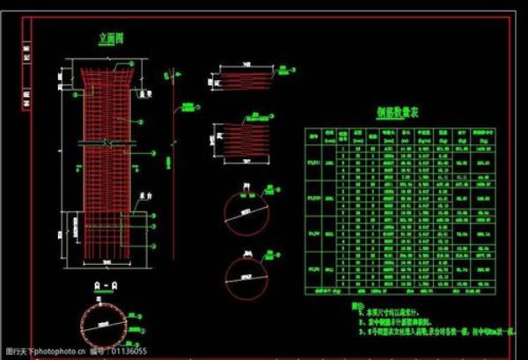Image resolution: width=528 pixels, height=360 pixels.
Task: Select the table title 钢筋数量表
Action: [397, 114]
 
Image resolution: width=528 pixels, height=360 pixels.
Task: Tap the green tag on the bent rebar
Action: [187, 107]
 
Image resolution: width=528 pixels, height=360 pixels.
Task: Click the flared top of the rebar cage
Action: [106, 73]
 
